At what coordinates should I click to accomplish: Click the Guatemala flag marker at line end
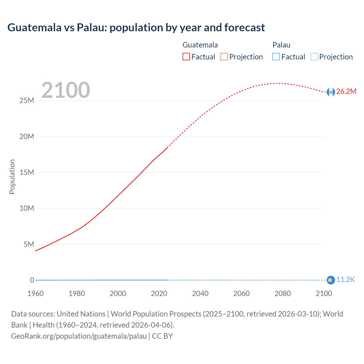[330, 92]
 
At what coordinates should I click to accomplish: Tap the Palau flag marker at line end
[330, 280]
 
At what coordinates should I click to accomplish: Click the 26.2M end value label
[346, 92]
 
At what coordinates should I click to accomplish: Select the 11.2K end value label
[346, 280]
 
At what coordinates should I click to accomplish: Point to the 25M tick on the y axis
[27, 101]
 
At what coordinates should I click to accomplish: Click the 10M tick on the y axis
[27, 208]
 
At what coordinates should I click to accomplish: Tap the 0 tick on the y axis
[32, 280]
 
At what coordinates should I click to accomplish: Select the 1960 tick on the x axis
[36, 293]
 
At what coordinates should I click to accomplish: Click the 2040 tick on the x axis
[200, 293]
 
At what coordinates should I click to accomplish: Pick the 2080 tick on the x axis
[283, 293]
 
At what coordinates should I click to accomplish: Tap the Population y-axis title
[12, 177]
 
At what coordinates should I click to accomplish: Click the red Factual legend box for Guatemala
[186, 57]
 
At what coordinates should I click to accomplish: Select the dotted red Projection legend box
[224, 57]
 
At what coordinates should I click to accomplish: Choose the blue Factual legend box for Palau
[276, 57]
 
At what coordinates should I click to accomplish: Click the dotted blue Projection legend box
[314, 57]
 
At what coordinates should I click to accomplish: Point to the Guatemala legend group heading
[200, 45]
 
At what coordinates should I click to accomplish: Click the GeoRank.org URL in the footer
[79, 336]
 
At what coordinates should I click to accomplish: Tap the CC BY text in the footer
[162, 336]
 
